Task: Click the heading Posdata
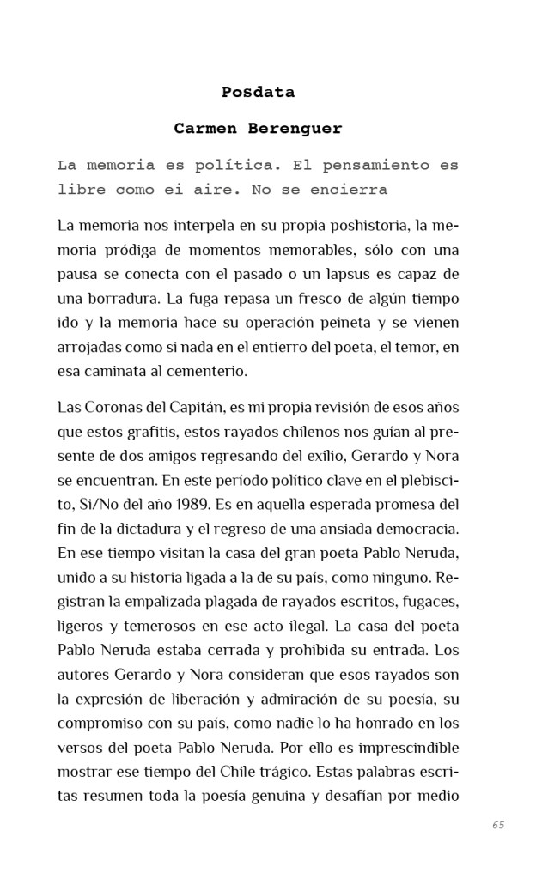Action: (258, 92)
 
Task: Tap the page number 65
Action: (498, 825)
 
